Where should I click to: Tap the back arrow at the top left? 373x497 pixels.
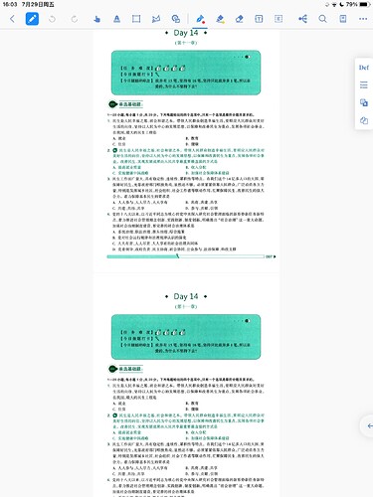point(9,19)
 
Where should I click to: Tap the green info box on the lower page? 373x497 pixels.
point(186,335)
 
